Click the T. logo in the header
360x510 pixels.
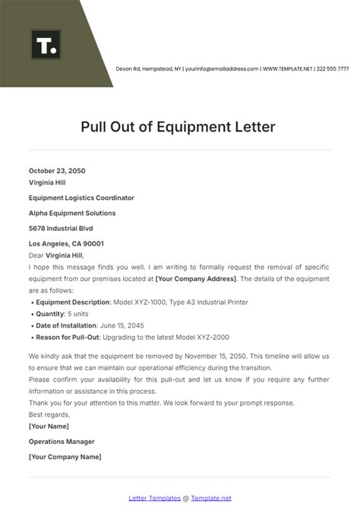[46, 45]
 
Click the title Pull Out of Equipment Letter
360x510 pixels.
[179, 125]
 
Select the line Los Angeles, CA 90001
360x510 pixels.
[67, 244]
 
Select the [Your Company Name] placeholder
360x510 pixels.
[65, 456]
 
